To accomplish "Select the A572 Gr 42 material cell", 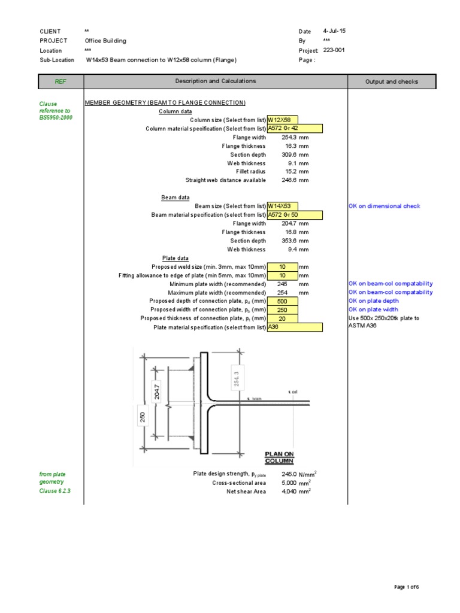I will [295, 129].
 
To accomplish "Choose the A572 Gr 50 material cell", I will [295, 215].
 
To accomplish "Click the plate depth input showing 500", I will [282, 301].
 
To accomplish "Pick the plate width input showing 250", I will [282, 310].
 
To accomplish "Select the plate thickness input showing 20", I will [282, 318].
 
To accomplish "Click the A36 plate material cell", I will [295, 327].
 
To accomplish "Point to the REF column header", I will [60, 81].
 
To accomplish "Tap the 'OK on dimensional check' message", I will [385, 207].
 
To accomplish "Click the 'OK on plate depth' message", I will [374, 301].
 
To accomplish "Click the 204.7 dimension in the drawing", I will [157, 390].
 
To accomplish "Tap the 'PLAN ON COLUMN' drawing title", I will [279, 457].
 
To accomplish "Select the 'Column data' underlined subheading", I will [175, 111].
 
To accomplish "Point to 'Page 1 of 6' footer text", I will [405, 587].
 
